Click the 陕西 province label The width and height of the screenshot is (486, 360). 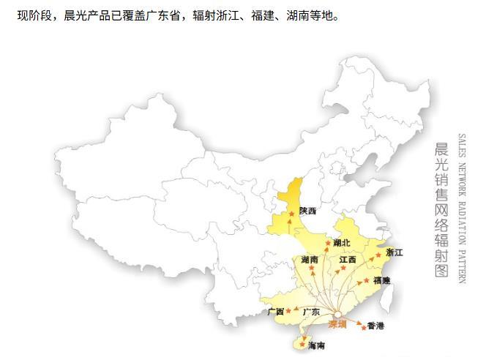pos(308,211)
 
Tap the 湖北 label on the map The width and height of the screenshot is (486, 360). pos(342,242)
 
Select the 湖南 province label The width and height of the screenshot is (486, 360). pos(309,259)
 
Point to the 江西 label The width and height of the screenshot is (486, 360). pos(348,259)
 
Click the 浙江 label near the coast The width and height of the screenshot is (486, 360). pos(394,252)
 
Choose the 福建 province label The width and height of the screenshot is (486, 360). pos(381,280)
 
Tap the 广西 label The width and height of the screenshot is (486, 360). pos(276,312)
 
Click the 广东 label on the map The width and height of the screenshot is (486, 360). pos(311,312)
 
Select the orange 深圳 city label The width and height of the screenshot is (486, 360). pos(337,324)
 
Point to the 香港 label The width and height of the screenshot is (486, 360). pos(375,326)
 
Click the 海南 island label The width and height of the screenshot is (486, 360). pos(316,345)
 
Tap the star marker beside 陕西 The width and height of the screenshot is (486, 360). pos(293,214)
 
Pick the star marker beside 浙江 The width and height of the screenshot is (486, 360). pos(379,254)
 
